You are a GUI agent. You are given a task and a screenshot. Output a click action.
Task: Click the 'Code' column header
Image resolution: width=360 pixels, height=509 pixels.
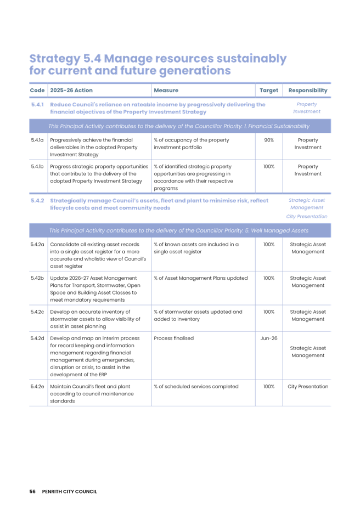[36, 91]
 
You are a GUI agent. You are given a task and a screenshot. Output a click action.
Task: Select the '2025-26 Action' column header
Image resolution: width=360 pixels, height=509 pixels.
[71, 91]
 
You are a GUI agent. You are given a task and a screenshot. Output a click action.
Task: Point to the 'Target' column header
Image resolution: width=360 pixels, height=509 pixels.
[269, 91]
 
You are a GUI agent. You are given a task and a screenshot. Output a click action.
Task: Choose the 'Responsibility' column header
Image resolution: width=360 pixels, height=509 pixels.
[308, 91]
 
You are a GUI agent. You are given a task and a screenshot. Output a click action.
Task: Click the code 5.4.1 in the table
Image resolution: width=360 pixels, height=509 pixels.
[37, 104]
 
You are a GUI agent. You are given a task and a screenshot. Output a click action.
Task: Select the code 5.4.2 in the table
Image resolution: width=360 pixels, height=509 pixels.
[37, 201]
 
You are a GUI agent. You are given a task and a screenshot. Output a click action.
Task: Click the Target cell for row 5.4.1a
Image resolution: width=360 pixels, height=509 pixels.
[269, 140]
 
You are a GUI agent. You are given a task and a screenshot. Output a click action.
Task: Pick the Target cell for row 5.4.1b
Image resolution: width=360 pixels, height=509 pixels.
[269, 166]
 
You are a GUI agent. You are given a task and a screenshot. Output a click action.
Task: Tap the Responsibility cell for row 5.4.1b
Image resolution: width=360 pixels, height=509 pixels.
[308, 170]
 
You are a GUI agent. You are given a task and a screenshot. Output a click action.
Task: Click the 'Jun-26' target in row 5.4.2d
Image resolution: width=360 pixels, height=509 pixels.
[269, 338]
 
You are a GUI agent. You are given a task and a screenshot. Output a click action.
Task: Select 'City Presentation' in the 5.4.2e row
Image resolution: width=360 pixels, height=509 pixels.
[308, 387]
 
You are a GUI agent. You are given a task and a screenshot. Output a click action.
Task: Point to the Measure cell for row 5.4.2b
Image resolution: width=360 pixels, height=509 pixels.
[200, 278]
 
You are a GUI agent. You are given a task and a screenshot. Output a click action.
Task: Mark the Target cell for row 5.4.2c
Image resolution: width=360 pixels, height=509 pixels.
[269, 312]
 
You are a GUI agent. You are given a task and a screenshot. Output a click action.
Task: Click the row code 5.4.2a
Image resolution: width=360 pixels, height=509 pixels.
[37, 244]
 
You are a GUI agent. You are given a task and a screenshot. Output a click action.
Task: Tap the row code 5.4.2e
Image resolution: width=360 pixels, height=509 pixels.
[37, 387]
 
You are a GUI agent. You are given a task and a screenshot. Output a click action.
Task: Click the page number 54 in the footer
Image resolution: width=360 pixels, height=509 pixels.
[32, 491]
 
